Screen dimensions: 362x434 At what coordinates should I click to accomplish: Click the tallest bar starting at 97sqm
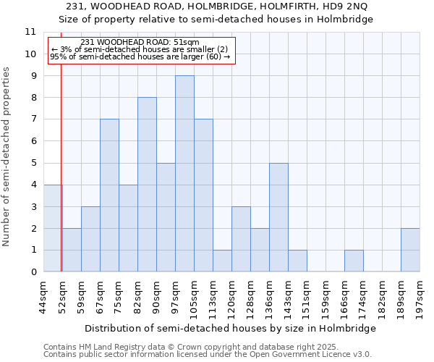184,174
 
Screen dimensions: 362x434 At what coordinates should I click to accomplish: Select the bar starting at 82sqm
147,185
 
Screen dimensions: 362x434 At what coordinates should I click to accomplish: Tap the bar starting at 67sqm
109,195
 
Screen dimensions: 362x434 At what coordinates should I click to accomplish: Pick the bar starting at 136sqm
278,217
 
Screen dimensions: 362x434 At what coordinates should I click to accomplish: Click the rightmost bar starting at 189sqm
410,250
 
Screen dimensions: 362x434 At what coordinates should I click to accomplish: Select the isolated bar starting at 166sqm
354,261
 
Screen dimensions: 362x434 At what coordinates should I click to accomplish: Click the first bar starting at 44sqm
53,228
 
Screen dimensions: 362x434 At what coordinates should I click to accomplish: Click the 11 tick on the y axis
30,32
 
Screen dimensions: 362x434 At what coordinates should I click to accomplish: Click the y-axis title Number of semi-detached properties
7,156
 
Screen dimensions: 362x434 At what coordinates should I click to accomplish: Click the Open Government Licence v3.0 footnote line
208,354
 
